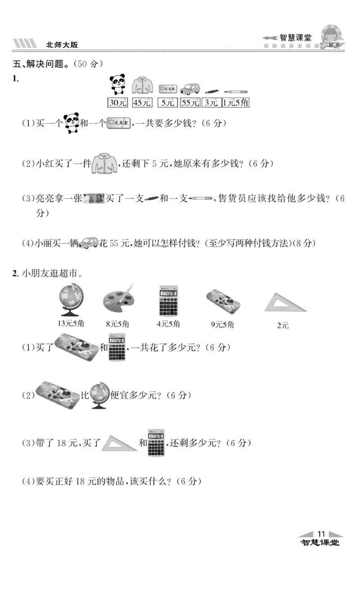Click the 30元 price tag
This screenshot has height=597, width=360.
click(x=118, y=103)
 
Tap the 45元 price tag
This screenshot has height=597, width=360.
click(x=142, y=103)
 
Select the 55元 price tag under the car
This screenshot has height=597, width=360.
click(x=190, y=103)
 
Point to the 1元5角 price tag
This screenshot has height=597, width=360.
click(x=235, y=103)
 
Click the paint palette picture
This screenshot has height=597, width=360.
click(x=118, y=299)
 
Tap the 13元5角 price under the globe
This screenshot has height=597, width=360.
click(x=71, y=323)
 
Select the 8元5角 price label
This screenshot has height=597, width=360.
click(x=118, y=323)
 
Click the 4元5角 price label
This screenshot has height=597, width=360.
click(x=168, y=323)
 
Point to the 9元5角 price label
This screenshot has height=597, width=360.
click(x=222, y=324)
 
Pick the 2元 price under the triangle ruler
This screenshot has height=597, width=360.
click(x=283, y=325)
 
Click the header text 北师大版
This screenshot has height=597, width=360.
click(x=62, y=45)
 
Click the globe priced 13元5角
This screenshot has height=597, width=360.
click(x=71, y=300)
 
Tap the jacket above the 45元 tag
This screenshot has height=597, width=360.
click(x=142, y=85)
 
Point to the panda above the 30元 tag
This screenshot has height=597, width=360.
click(x=118, y=84)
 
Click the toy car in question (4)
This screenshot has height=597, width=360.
click(x=89, y=242)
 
